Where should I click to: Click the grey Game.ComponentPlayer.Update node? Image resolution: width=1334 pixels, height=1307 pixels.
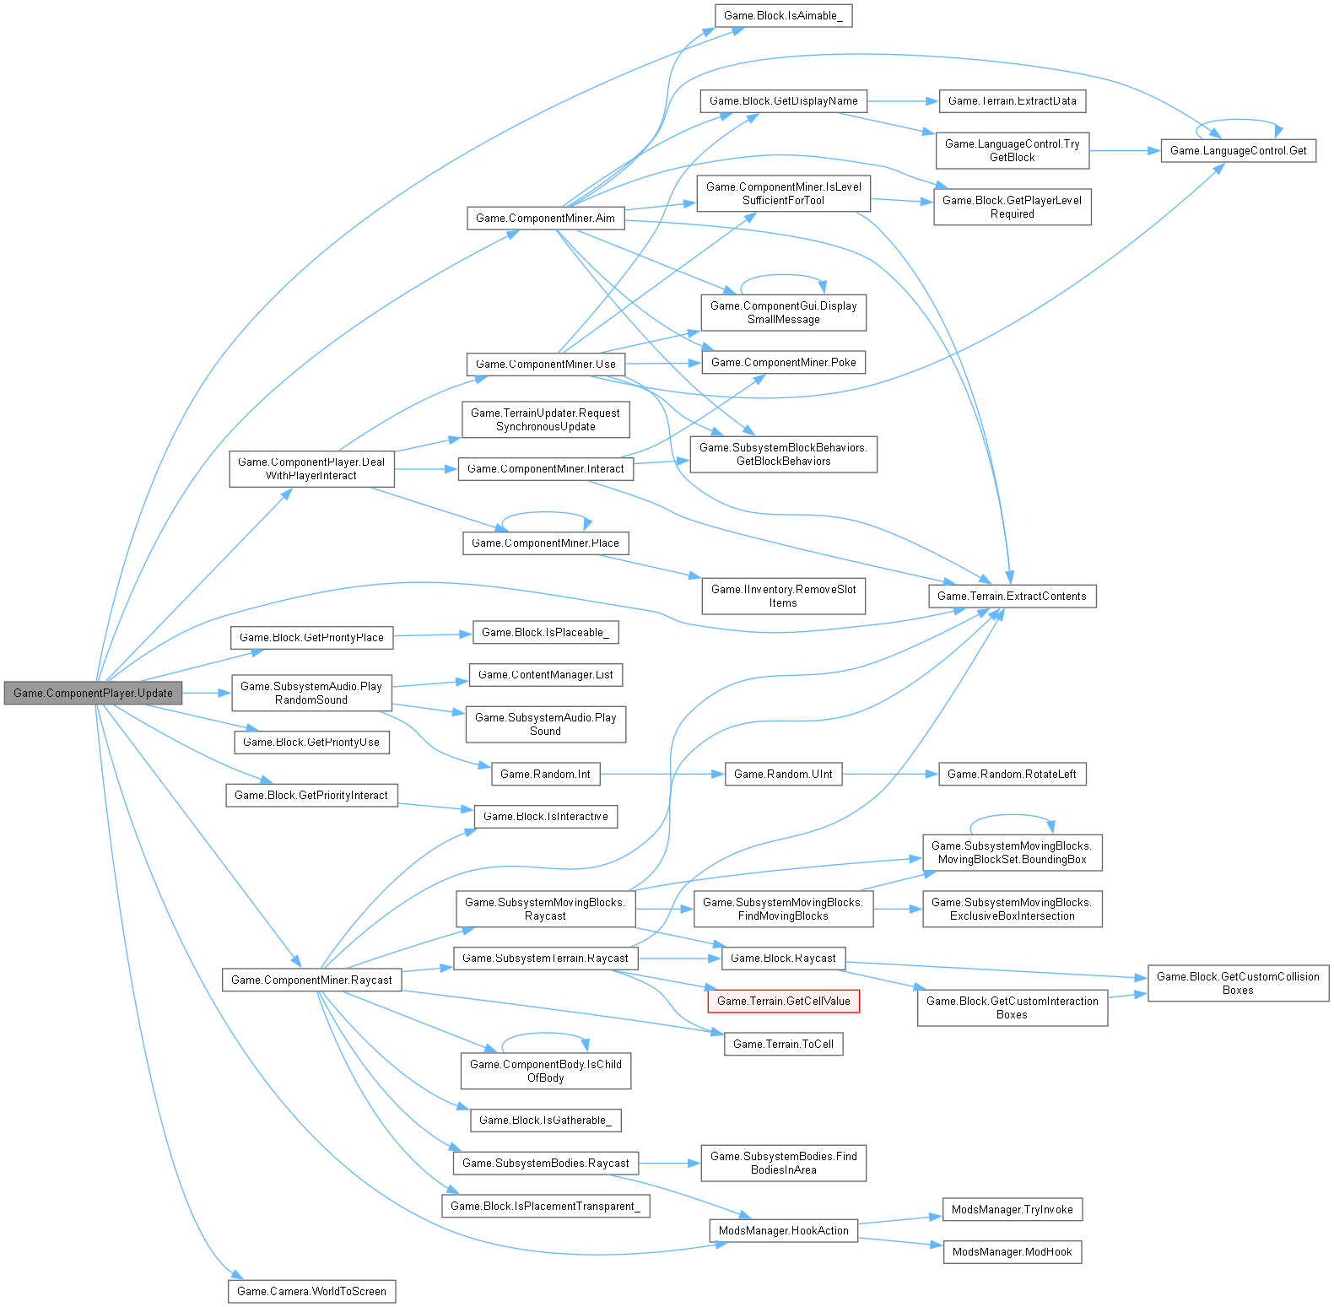(93, 693)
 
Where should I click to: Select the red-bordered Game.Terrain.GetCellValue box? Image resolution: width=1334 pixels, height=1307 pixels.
(783, 1001)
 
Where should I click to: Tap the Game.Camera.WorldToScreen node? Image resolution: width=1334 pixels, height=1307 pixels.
(311, 1291)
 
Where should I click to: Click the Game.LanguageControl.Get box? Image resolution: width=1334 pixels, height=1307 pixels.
(1238, 150)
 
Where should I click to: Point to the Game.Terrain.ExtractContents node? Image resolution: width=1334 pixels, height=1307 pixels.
(1012, 596)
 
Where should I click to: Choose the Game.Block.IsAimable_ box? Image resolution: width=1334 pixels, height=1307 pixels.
(783, 16)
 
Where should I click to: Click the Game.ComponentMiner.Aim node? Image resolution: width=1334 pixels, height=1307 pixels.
(545, 218)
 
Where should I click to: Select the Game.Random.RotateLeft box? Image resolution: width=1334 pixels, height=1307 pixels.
(1012, 774)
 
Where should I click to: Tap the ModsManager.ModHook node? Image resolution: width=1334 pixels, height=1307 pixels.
(1012, 1251)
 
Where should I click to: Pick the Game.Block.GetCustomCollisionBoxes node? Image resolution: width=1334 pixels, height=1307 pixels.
(1238, 983)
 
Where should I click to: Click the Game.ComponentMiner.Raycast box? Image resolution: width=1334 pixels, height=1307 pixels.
(311, 980)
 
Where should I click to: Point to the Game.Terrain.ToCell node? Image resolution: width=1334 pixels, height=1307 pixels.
(783, 1044)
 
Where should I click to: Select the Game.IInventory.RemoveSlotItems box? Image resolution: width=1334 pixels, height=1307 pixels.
(783, 596)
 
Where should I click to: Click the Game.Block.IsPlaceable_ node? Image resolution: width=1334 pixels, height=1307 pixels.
(545, 632)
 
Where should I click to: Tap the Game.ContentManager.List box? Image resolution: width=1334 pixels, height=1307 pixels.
(545, 674)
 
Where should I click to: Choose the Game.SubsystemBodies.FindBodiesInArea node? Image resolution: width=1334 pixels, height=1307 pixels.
(783, 1163)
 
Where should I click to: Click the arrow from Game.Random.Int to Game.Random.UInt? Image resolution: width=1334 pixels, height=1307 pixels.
(662, 774)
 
